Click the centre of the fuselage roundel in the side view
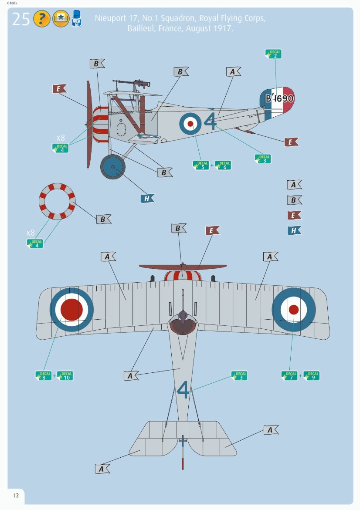[190, 124]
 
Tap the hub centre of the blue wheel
[112, 167]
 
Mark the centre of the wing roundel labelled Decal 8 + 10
[71, 310]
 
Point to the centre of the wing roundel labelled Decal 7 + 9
[294, 310]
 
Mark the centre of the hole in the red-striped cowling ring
[57, 201]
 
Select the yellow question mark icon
[41, 19]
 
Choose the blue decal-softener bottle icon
[77, 18]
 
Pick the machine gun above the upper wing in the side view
[132, 83]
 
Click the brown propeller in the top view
[183, 267]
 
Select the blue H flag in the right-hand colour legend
[294, 230]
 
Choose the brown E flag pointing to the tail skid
[291, 142]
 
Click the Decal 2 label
[273, 54]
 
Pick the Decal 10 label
[65, 376]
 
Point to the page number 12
[16, 495]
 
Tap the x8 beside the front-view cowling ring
[30, 233]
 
